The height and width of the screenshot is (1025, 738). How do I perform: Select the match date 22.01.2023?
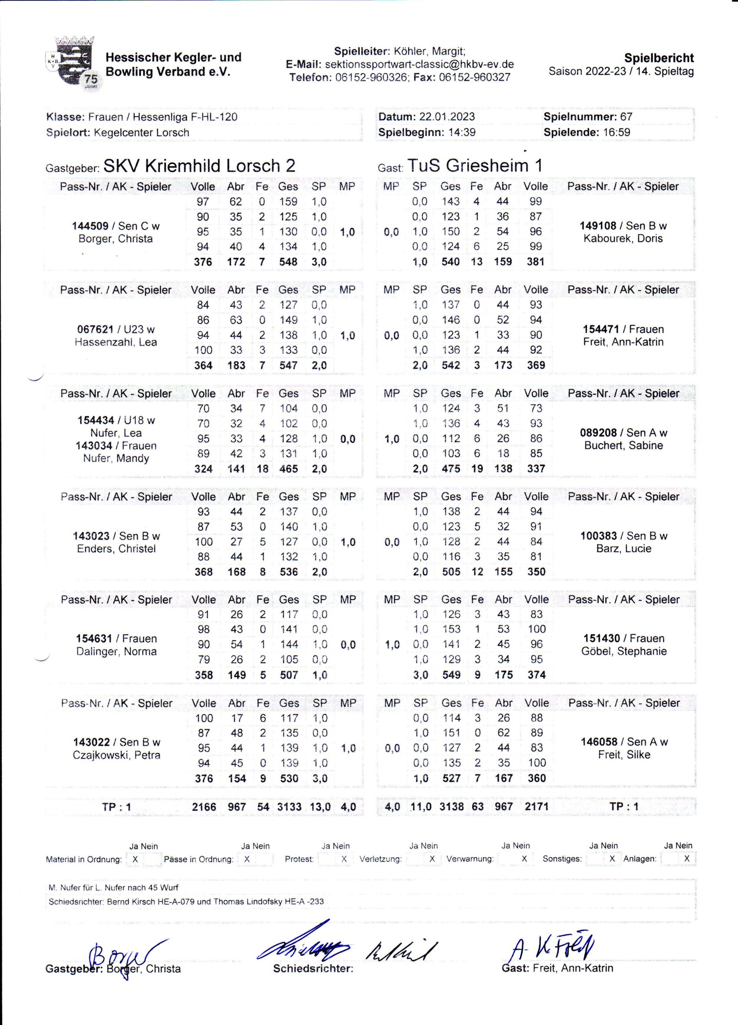pos(447,117)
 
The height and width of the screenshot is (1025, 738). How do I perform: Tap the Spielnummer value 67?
pos(626,117)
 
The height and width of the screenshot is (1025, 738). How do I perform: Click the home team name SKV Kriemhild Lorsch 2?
pos(199,166)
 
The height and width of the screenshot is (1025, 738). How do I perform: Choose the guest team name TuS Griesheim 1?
pos(474,166)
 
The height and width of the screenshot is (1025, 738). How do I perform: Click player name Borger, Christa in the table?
pos(116,239)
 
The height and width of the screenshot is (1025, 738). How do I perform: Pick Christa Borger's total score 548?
pos(288,262)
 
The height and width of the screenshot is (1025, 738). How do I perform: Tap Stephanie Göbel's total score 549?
pos(451,675)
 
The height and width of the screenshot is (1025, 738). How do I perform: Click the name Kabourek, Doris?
pos(623,239)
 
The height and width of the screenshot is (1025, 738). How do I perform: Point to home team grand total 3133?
pos(289,807)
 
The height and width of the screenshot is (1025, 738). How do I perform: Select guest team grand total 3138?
pos(451,807)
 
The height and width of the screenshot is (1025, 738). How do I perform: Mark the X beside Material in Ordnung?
pos(135,859)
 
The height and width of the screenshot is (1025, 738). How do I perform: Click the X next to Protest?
pos(344,859)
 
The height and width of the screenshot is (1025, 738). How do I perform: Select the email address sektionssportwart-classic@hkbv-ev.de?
pos(419,64)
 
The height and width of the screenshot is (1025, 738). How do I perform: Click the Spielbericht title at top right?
pos(659,58)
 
